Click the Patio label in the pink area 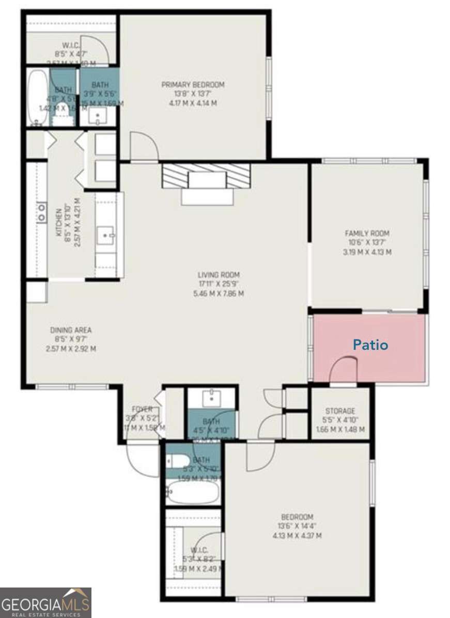[370, 345]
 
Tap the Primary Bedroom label [193, 85]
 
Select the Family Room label [367, 233]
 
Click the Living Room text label [219, 275]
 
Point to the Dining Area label [71, 330]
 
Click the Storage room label [340, 411]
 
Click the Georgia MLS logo [45, 602]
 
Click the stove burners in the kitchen [41, 212]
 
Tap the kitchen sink [107, 237]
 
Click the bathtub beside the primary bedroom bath [37, 98]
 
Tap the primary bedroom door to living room [144, 147]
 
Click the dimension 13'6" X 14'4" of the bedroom [297, 527]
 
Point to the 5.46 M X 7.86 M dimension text [219, 293]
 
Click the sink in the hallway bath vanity [211, 398]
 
